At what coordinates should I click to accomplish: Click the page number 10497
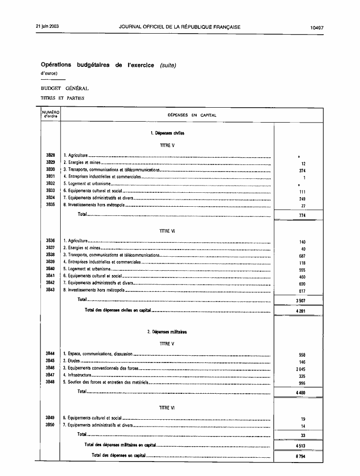(317, 27)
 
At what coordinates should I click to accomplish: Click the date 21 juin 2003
(47, 27)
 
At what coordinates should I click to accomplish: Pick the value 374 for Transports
(302, 171)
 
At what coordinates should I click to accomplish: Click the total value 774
(302, 216)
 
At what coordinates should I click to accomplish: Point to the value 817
(302, 291)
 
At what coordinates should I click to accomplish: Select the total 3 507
(301, 301)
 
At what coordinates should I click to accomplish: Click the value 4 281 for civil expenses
(301, 312)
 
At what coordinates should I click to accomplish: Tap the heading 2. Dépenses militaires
(167, 332)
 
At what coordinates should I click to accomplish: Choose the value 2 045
(301, 369)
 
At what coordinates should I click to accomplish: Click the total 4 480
(301, 393)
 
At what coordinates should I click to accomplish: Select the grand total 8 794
(301, 456)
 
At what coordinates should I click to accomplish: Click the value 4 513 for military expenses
(301, 446)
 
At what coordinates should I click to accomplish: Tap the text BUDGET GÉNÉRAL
(64, 88)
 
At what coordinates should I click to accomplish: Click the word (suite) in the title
(168, 65)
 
